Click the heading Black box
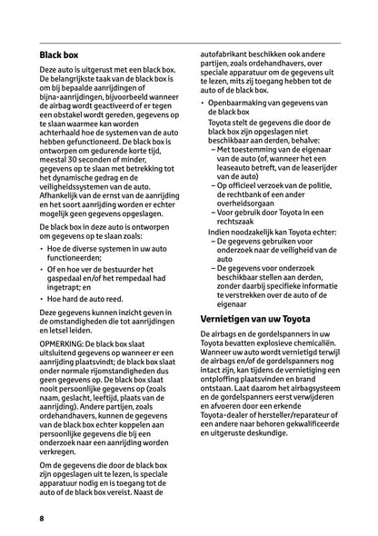tap(59, 55)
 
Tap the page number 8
tap(42, 518)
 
